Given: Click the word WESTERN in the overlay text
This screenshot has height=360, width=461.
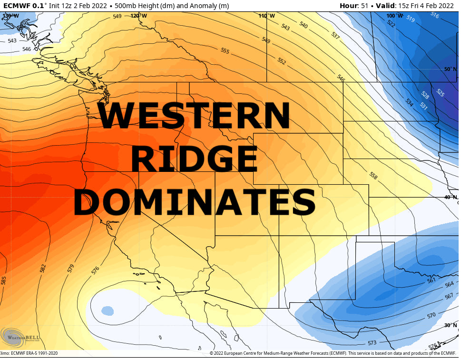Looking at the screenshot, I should [x=194, y=116].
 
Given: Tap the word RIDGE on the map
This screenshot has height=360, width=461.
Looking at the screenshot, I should [x=194, y=159].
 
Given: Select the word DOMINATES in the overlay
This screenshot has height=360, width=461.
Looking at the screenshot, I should [x=194, y=202].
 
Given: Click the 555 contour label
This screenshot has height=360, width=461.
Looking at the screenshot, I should [x=225, y=51].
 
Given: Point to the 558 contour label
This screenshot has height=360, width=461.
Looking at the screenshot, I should [x=373, y=176].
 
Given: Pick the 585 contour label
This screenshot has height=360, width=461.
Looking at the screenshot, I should [x=4, y=280].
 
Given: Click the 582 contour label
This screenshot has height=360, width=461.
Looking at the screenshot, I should [x=43, y=269].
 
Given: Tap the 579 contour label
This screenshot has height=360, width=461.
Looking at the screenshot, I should [x=71, y=268].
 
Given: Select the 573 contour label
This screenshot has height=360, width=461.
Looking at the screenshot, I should [x=372, y=343].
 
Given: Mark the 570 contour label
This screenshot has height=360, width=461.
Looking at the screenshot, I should [x=431, y=315].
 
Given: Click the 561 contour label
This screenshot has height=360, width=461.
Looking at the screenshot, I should [x=431, y=280].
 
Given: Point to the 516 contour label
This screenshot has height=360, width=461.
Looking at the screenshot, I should [x=434, y=15].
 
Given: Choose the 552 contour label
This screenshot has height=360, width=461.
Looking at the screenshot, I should [x=282, y=61].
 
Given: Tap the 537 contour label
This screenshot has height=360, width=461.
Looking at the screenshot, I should [x=335, y=36].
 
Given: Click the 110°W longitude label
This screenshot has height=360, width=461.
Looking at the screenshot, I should [x=266, y=16].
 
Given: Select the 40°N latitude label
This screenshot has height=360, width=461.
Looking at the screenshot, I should [x=451, y=197].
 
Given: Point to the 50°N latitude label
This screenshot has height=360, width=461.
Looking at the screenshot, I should [x=451, y=69].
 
